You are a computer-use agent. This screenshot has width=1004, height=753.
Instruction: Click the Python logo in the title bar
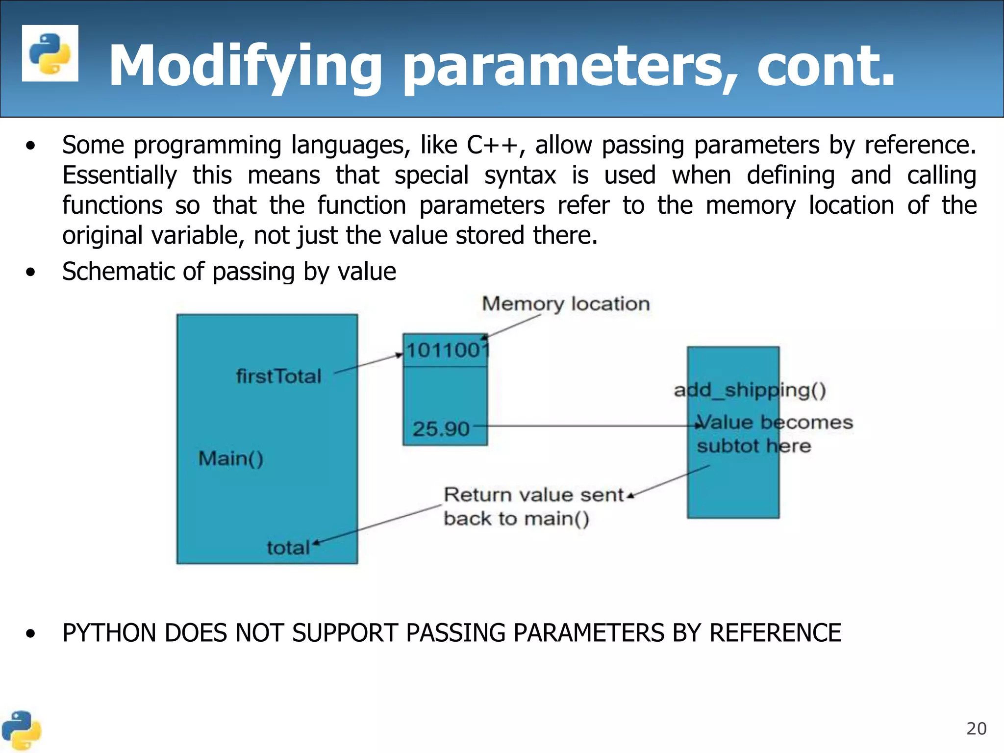point(50,53)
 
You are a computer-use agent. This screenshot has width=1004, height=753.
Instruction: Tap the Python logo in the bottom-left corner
point(21,730)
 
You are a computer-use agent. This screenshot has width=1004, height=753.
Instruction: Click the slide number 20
point(976,729)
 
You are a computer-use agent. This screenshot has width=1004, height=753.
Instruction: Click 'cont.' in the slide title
point(826,66)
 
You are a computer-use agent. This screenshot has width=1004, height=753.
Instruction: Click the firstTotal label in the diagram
point(278,376)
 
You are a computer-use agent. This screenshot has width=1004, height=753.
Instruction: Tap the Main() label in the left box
point(230,459)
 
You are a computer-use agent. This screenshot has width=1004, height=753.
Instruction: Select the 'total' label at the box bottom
point(288,548)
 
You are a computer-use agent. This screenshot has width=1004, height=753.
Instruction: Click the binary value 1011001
point(447,351)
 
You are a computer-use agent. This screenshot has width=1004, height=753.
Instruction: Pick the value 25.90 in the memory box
point(441,429)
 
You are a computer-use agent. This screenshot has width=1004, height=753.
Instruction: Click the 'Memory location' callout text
point(566,304)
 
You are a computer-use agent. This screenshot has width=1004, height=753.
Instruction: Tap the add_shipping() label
point(750,391)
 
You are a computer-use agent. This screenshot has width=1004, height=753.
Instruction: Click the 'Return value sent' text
point(533,495)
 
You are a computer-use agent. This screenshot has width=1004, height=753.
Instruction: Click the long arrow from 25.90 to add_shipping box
point(588,426)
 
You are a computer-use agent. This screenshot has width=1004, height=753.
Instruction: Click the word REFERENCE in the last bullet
point(775,633)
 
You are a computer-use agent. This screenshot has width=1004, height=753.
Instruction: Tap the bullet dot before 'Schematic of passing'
point(31,272)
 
